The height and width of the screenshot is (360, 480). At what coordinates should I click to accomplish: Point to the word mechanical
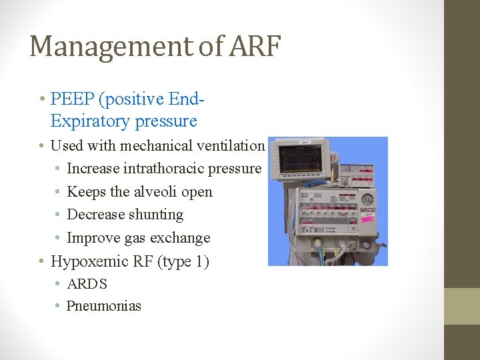152,145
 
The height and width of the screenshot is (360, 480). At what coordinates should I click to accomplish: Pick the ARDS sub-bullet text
87,284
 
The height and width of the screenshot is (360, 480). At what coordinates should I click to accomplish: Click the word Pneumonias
104,307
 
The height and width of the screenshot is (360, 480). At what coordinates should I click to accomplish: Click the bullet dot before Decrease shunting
59,215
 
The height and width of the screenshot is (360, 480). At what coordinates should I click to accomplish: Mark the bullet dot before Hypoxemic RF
42,261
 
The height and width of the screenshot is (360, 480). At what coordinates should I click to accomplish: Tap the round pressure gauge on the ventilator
367,199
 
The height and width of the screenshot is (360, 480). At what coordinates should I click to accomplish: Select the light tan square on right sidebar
462,306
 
